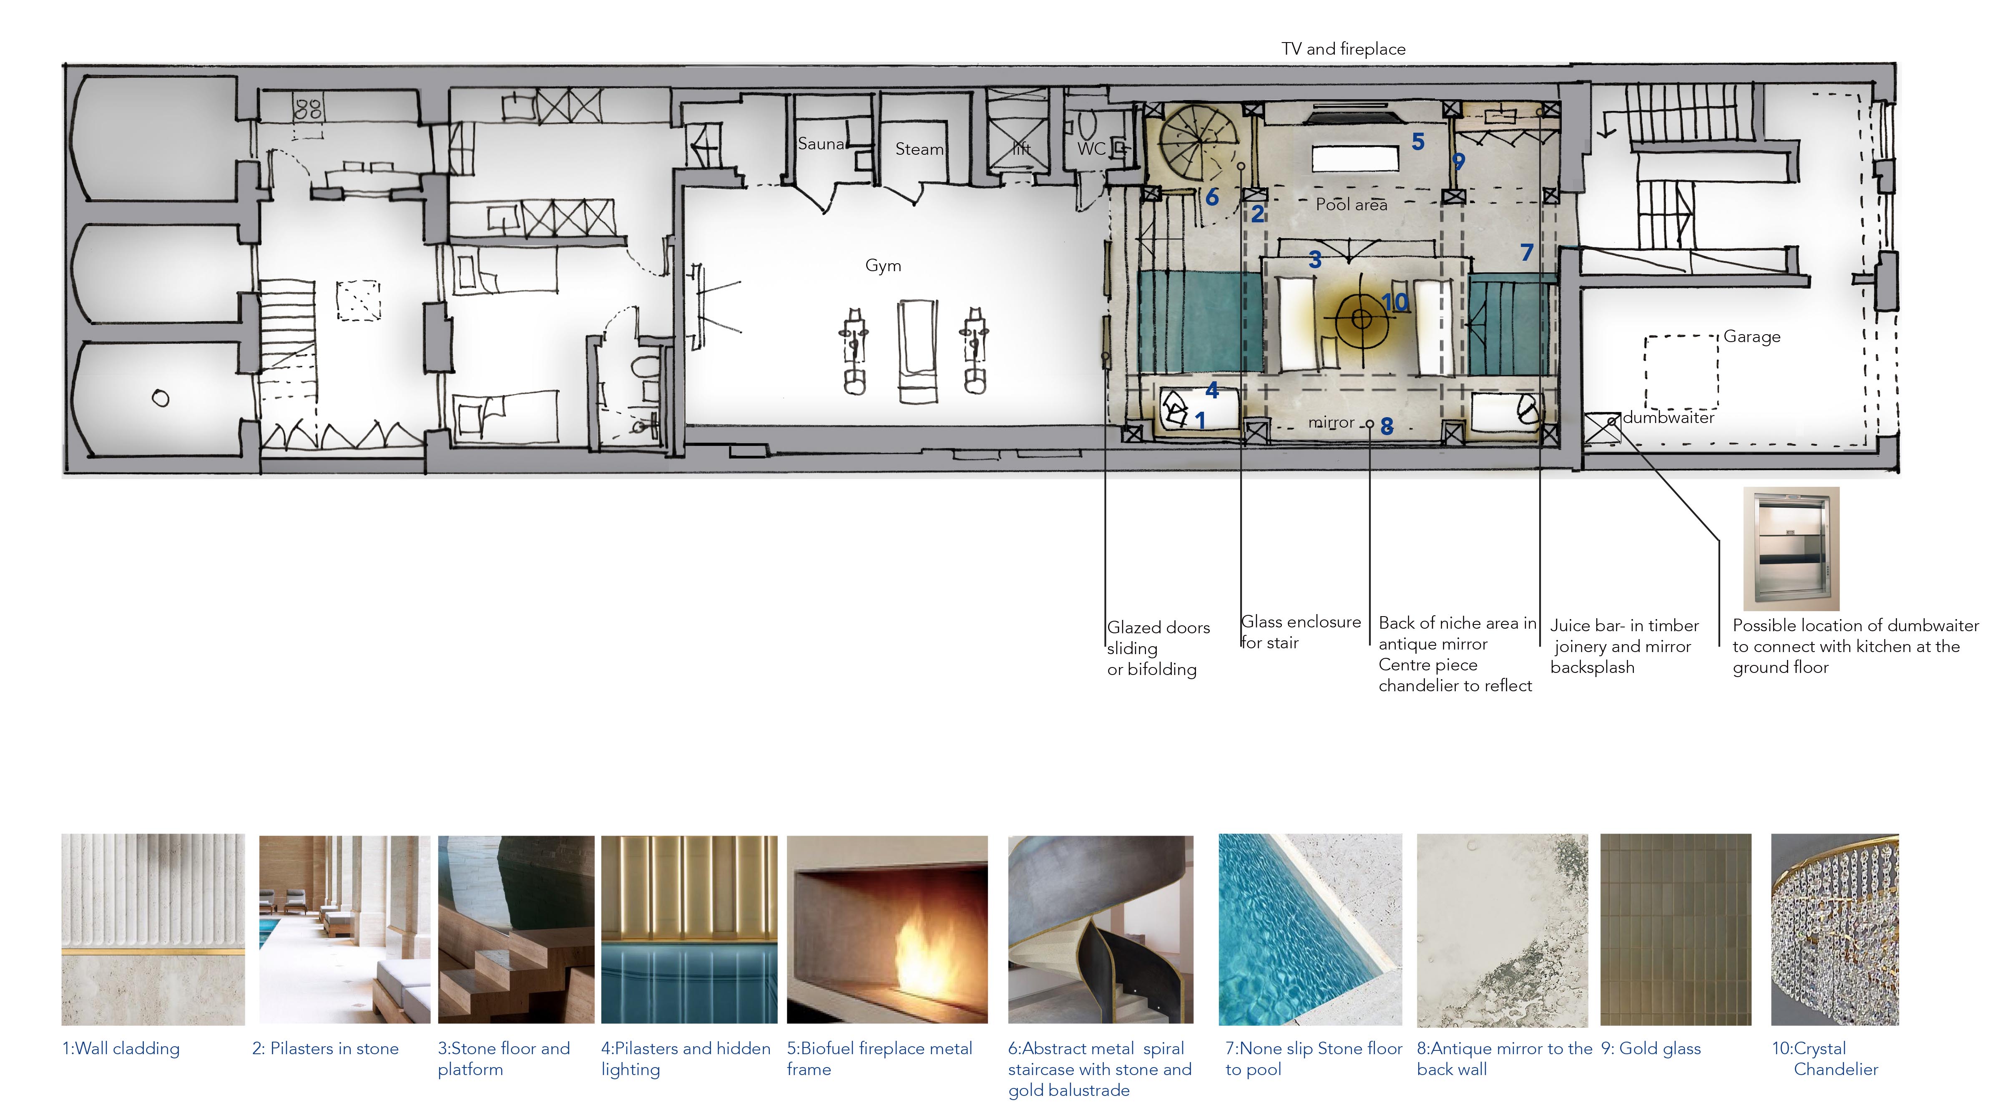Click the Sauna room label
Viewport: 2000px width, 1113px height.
821,144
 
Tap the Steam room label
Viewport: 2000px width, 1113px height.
919,149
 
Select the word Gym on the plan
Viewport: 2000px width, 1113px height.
883,266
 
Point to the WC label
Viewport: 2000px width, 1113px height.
1091,149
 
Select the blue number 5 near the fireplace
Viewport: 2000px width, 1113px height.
1418,142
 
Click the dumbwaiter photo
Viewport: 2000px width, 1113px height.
1791,548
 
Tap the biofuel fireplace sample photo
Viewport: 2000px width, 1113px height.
887,930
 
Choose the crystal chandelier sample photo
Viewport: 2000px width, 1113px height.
1834,930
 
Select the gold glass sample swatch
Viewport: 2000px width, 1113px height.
1676,930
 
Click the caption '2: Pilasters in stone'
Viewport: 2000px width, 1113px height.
325,1048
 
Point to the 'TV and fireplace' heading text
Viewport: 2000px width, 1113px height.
1343,49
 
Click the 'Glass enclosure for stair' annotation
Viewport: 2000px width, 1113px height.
1301,632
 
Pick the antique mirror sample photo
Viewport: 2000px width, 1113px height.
1503,930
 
